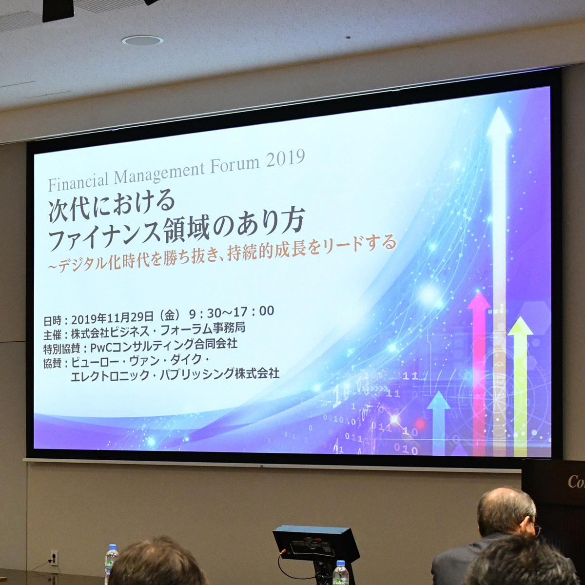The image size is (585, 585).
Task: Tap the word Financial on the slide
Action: [78, 181]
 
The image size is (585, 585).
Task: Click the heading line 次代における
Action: [112, 204]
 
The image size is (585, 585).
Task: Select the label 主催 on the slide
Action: [52, 335]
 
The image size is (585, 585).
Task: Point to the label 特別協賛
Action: [61, 349]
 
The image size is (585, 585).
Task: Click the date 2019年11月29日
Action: [112, 318]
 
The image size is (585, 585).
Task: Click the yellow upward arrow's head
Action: [520, 326]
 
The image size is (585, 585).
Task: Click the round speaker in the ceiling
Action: [142, 40]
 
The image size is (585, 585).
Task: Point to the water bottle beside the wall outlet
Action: [111, 564]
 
